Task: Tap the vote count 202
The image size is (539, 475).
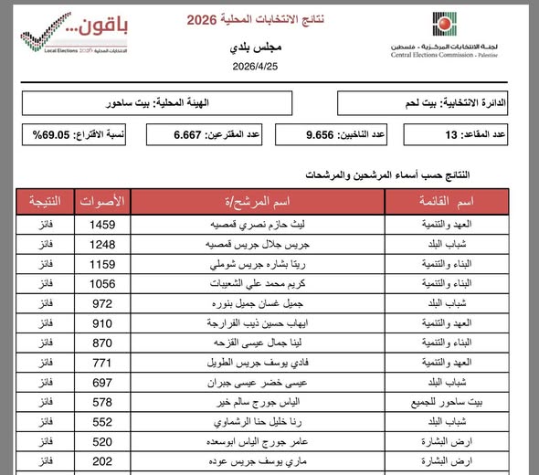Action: click(101, 461)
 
